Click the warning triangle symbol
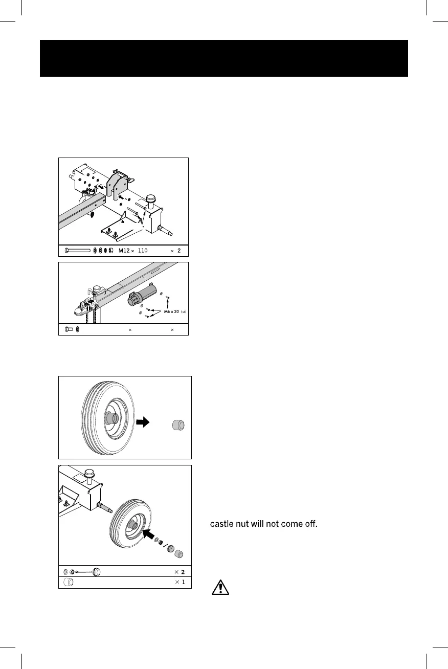(x=220, y=587)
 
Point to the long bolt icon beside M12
(x=77, y=251)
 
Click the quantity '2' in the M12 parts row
(x=179, y=251)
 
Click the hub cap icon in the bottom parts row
(x=68, y=583)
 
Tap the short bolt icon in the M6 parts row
(x=69, y=329)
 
